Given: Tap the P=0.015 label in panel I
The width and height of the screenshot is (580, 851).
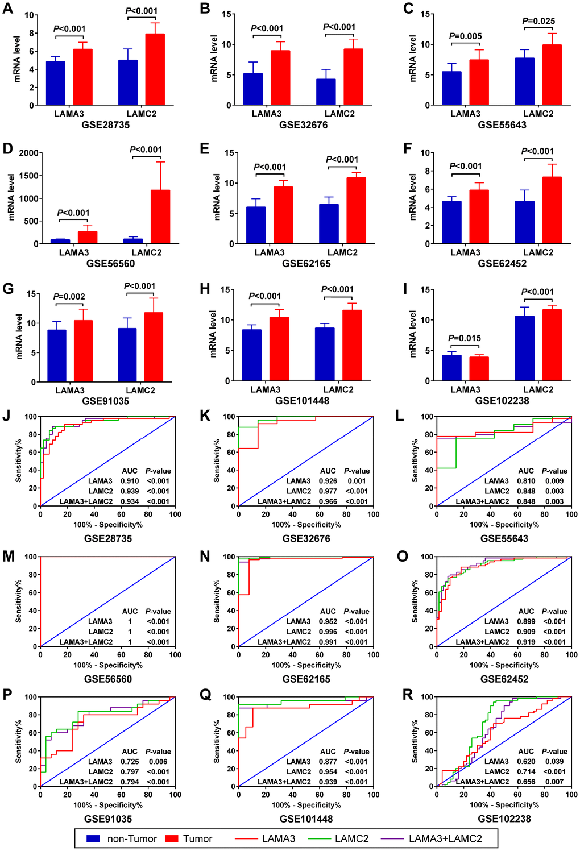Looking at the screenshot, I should [465, 338].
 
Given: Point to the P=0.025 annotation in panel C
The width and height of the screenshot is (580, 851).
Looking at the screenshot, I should [538, 21].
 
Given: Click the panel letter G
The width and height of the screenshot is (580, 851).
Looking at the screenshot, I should [8, 289].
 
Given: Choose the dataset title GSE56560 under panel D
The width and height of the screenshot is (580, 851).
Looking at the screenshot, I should [111, 264].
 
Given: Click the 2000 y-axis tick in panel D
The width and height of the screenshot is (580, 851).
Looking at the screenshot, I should [29, 153].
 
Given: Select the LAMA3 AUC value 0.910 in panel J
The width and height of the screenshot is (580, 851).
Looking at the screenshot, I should [130, 481].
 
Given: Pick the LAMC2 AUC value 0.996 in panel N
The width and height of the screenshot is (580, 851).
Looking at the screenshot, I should [328, 632].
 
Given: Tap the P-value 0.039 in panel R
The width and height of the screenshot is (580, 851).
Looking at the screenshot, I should [554, 762].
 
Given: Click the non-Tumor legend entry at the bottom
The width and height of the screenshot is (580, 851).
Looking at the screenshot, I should [122, 839].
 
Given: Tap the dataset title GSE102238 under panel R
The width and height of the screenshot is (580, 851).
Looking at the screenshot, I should [504, 819].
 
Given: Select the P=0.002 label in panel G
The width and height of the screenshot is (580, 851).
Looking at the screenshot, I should [69, 297].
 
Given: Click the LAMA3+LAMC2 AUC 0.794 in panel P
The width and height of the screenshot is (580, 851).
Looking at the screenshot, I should [130, 782].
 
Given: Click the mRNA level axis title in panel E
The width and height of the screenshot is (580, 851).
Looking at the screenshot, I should [217, 197].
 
